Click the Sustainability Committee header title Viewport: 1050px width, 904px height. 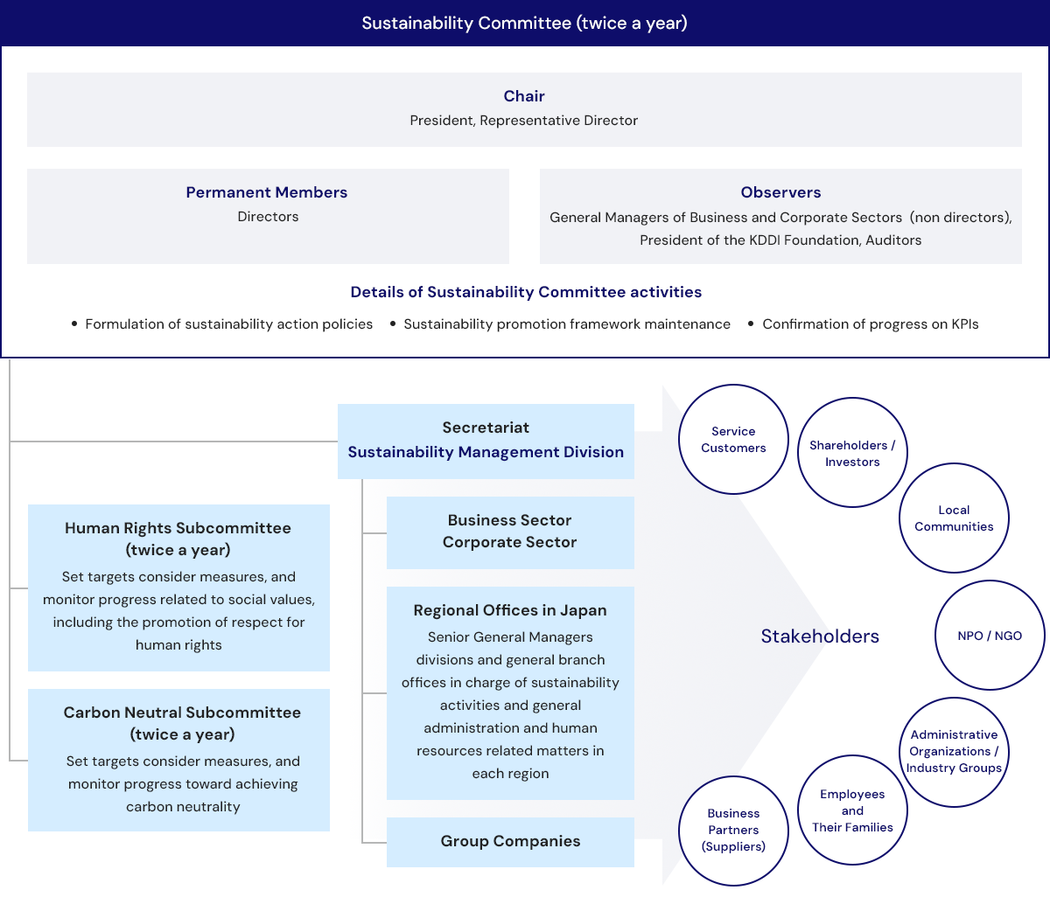click(524, 24)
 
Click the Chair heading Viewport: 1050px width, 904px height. click(524, 96)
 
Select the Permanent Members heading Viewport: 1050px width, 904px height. click(267, 192)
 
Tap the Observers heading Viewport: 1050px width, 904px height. click(780, 192)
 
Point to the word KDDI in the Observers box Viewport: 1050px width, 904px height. click(766, 240)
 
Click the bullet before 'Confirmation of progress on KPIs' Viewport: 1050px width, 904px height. click(751, 324)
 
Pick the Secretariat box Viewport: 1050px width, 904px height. click(486, 441)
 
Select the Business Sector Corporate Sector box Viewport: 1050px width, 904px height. click(510, 532)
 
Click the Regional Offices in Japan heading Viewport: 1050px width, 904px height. click(510, 610)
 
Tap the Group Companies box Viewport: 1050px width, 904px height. click(510, 841)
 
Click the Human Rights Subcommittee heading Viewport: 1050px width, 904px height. click(178, 539)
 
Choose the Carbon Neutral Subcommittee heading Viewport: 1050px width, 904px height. click(182, 723)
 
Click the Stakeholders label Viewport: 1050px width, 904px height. click(820, 636)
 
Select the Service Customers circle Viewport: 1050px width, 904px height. click(733, 440)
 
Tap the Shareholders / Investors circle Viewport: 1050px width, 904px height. click(852, 453)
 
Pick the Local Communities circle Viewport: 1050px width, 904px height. click(954, 518)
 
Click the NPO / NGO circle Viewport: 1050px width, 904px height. click(990, 636)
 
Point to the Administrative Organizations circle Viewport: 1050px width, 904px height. click(954, 752)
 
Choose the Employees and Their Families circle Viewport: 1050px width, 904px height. click(852, 810)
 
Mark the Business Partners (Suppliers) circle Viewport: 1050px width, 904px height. click(733, 831)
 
